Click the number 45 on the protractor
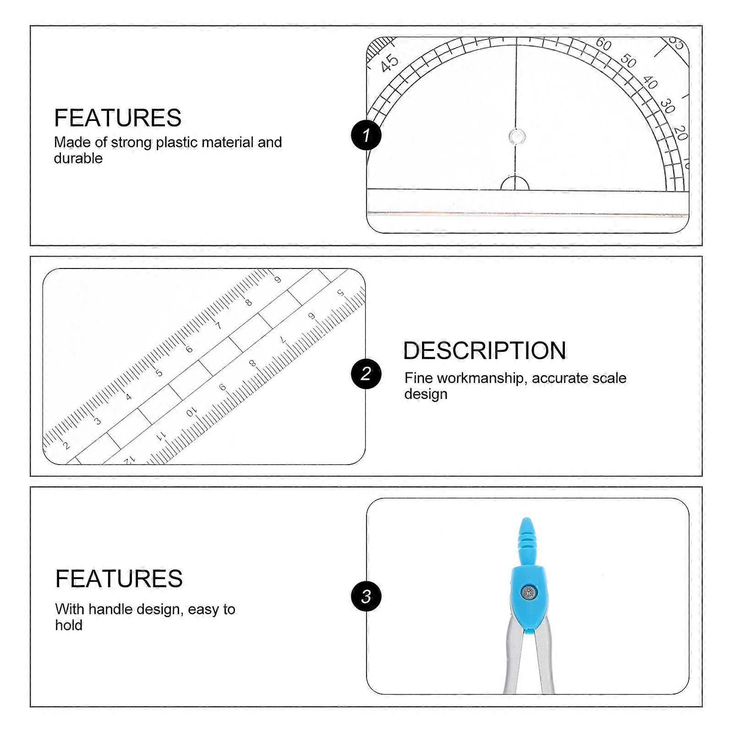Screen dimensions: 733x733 click(389, 63)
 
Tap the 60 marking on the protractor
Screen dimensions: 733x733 click(603, 44)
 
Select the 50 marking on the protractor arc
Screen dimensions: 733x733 click(628, 60)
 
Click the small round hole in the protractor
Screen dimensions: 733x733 click(516, 136)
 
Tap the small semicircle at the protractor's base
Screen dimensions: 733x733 click(514, 183)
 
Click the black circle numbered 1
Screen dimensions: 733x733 click(366, 135)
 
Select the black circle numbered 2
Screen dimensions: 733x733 click(366, 374)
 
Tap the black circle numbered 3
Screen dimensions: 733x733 click(366, 596)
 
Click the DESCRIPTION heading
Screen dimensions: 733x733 click(485, 351)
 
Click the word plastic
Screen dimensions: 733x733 click(177, 142)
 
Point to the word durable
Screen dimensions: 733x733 click(78, 159)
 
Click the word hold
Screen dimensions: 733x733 click(69, 625)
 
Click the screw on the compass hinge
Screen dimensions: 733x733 click(530, 593)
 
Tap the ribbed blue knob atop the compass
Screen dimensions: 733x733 click(527, 541)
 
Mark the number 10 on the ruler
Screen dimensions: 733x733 click(191, 412)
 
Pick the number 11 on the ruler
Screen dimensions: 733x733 click(161, 436)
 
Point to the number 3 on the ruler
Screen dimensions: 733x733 click(97, 421)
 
